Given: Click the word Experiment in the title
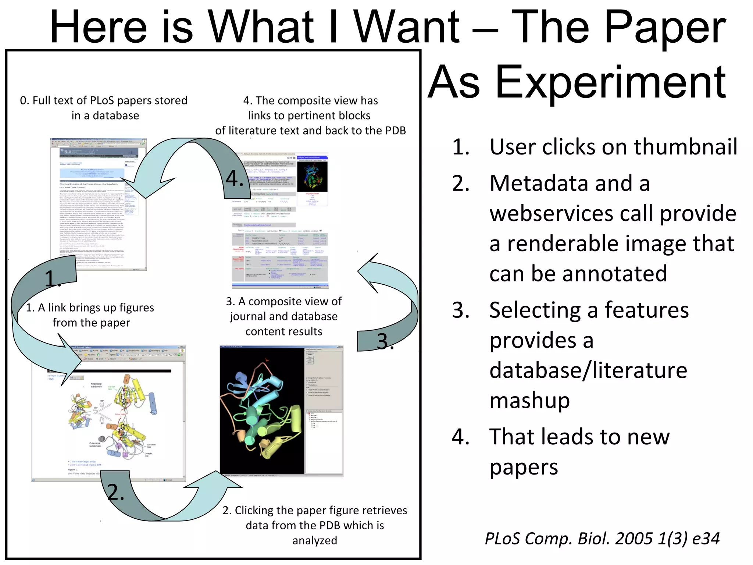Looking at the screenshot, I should tap(610, 83).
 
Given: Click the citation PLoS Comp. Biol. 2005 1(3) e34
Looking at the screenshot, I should tap(602, 539).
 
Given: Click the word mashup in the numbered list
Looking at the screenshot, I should tap(529, 400).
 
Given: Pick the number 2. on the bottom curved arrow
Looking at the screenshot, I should tap(115, 492).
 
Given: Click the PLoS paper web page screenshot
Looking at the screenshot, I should tap(99, 205).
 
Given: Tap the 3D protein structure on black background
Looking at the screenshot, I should tap(262, 410).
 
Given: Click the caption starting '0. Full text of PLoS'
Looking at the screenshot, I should tap(104, 108).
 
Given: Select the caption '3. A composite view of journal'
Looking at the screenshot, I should tap(283, 316).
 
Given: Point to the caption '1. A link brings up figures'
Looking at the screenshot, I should tap(90, 315).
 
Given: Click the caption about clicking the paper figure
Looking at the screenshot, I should tap(315, 525).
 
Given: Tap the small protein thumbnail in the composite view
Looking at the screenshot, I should tap(312, 176).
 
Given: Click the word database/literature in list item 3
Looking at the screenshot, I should tap(588, 370).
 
